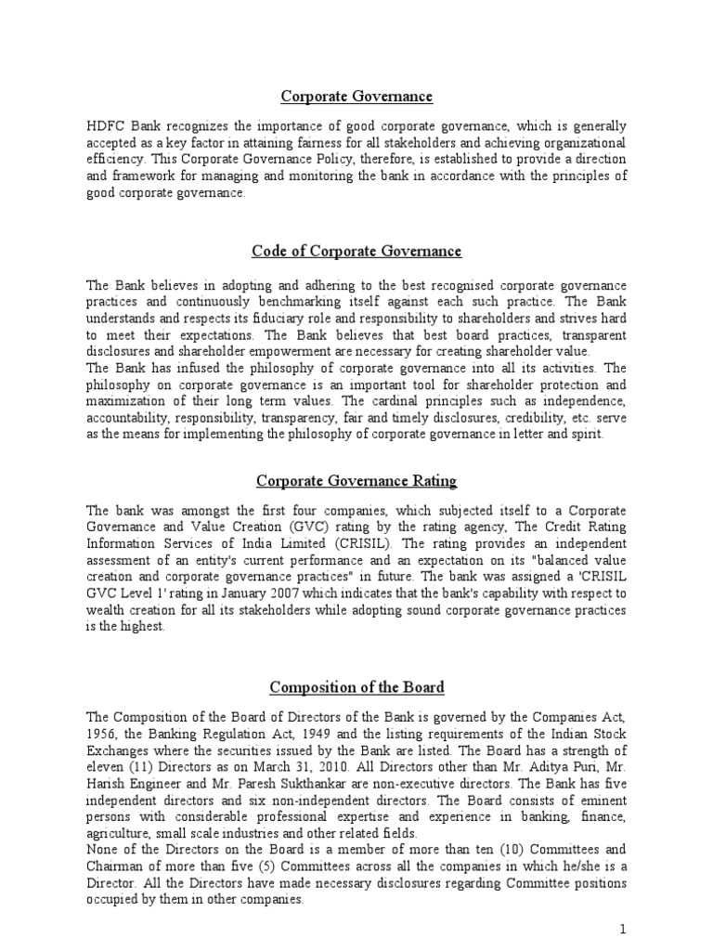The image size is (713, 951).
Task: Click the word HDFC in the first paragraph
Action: point(104,125)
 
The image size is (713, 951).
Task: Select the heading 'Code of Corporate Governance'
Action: point(356,252)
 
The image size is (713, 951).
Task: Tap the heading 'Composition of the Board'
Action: point(356,687)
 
